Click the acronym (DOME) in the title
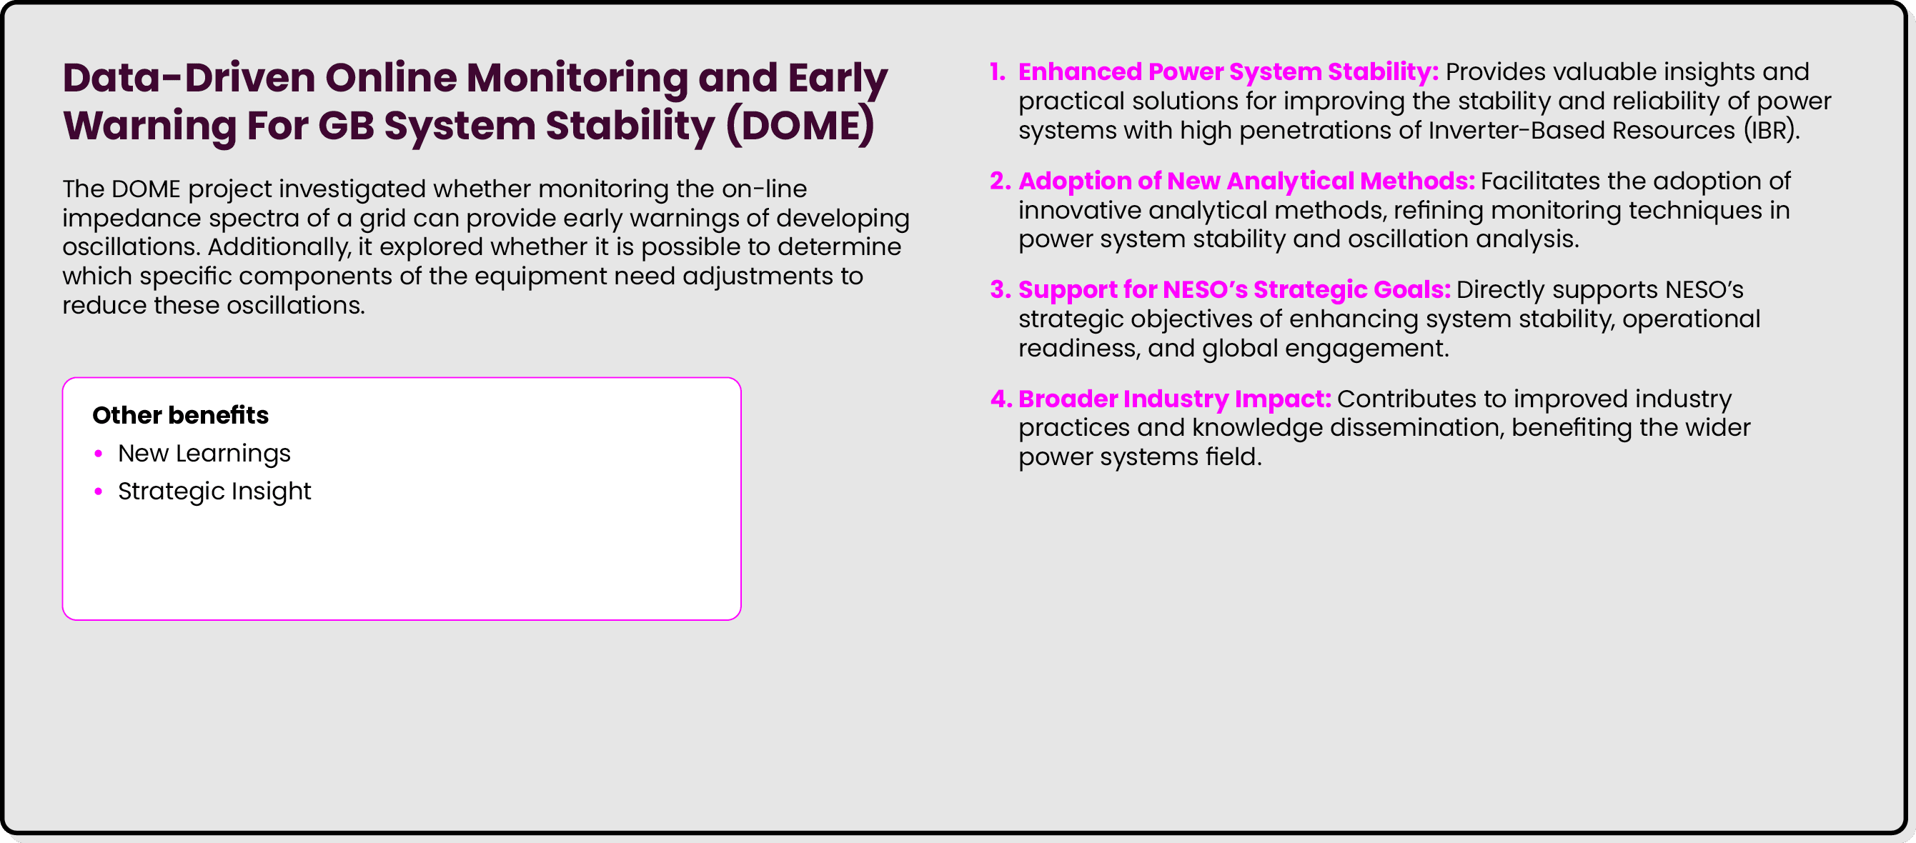[x=800, y=125]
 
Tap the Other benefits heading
[x=180, y=415]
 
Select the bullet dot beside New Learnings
[x=98, y=454]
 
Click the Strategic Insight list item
[x=214, y=492]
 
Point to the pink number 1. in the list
[x=998, y=72]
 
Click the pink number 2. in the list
[x=1000, y=181]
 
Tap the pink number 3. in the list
[x=1000, y=290]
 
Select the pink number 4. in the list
[x=1001, y=399]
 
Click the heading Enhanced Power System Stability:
[x=1228, y=72]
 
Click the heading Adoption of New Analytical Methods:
[x=1246, y=181]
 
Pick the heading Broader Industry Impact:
[x=1174, y=399]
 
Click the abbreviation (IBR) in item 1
[x=1771, y=130]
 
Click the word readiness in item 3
[x=1078, y=348]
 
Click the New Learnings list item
[x=204, y=454]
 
